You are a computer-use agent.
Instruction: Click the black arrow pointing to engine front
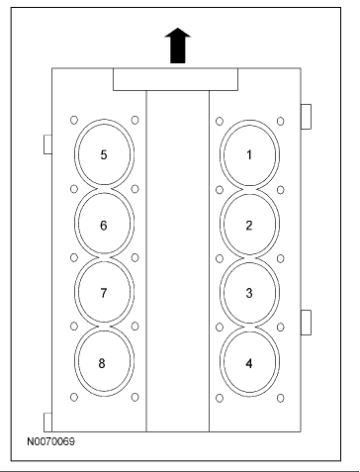178,46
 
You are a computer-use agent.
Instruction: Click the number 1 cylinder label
249,154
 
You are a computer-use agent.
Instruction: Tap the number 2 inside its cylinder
249,226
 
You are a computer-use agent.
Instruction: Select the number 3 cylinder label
249,293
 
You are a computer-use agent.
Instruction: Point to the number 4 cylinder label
249,363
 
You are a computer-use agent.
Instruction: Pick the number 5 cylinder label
104,154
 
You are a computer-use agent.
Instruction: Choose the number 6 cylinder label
104,226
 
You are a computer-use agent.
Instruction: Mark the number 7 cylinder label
104,293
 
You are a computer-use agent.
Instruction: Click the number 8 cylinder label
102,363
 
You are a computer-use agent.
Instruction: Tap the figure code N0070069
50,441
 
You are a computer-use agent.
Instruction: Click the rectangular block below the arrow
175,79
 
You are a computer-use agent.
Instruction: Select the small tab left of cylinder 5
47,144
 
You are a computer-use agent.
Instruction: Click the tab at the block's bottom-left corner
47,423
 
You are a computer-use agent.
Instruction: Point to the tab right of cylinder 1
306,117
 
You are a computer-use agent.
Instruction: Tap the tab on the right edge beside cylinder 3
306,323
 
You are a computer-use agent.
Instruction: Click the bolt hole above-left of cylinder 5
74,120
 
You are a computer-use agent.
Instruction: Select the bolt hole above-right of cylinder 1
281,122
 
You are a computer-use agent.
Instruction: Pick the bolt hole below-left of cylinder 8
74,397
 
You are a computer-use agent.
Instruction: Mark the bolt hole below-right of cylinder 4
281,399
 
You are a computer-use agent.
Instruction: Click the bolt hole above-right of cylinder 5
135,120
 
